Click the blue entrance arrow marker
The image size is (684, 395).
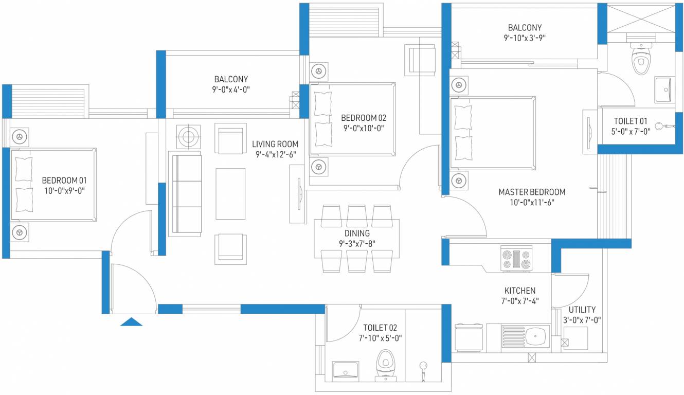point(131,322)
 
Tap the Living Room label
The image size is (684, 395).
point(275,144)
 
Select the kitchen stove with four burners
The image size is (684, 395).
point(516,259)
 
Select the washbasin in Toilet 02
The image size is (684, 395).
point(345,369)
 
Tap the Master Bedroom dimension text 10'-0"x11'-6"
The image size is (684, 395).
point(531,202)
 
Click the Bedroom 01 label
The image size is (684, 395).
point(64,181)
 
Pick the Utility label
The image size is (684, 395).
point(582,310)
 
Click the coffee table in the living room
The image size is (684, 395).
point(230,190)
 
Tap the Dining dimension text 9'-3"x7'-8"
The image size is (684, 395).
point(357,243)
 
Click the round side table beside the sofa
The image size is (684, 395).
point(188,137)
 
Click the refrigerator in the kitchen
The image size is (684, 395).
point(469,337)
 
